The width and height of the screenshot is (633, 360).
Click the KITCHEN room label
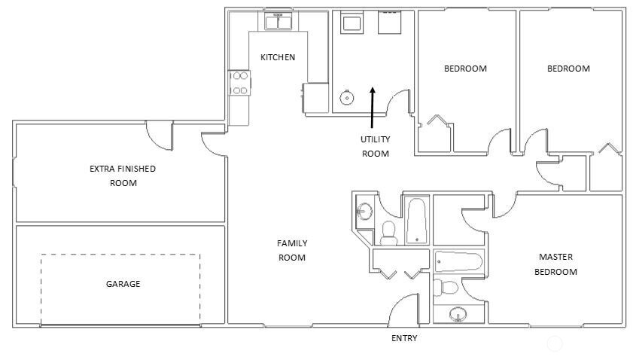pyautogui.click(x=278, y=57)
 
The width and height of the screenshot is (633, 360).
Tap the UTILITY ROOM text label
pyautogui.click(x=375, y=146)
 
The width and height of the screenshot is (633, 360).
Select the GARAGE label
pyautogui.click(x=123, y=284)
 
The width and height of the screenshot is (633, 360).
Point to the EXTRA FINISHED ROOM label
pyautogui.click(x=123, y=175)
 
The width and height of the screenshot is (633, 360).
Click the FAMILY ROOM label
pyautogui.click(x=291, y=250)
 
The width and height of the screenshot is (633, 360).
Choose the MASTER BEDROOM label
pyautogui.click(x=555, y=264)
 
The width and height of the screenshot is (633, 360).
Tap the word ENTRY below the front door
pyautogui.click(x=403, y=338)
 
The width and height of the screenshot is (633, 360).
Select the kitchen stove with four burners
pyautogui.click(x=239, y=83)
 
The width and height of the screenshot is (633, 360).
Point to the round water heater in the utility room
pyautogui.click(x=347, y=97)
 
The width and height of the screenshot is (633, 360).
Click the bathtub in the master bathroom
pyautogui.click(x=458, y=262)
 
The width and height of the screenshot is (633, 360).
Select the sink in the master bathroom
pyautogui.click(x=457, y=314)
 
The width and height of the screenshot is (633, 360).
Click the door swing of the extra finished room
pyautogui.click(x=159, y=135)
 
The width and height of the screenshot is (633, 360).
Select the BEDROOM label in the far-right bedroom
pyautogui.click(x=568, y=69)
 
